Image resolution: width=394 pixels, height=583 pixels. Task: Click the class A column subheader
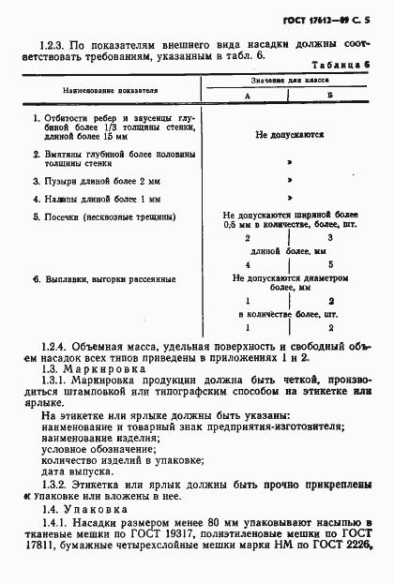click(x=248, y=98)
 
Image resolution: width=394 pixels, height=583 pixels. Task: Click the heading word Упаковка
click(x=105, y=506)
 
